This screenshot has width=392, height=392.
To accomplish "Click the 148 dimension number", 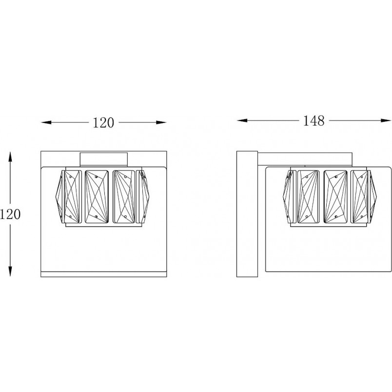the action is coord(314,120).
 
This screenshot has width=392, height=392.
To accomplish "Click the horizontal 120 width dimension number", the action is coord(103,123).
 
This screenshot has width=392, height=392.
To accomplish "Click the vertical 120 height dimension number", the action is coord(10,214).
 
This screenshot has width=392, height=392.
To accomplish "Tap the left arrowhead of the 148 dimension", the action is coord(242,120).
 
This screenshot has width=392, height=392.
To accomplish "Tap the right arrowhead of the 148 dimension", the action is coord(386,120).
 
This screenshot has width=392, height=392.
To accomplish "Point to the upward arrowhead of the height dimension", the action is coord(10,157).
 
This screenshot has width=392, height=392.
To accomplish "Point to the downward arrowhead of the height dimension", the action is coord(10,271).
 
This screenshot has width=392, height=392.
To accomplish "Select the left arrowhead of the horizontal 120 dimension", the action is coord(46,122).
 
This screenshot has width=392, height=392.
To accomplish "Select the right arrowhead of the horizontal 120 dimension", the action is coord(161,122).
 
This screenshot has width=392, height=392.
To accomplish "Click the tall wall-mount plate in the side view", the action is coord(247,214).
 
